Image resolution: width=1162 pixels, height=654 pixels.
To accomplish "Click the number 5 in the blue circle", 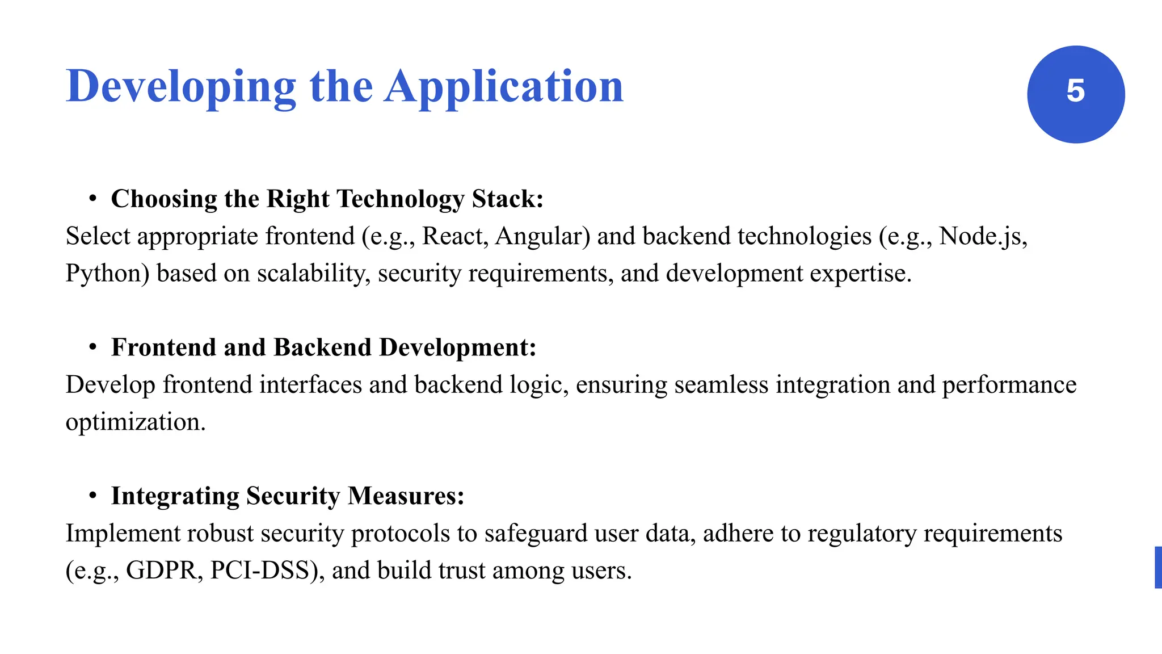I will (1075, 91).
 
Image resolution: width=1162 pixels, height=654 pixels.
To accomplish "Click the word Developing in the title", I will (181, 87).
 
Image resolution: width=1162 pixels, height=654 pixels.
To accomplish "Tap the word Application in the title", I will (504, 87).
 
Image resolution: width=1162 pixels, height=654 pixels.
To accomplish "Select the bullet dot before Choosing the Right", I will (93, 199).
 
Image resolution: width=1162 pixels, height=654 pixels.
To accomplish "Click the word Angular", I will (542, 236).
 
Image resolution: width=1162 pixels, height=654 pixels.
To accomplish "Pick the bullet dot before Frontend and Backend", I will (93, 347).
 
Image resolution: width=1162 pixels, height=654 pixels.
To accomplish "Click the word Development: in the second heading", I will (458, 347).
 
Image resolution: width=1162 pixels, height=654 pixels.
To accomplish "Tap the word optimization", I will (135, 422).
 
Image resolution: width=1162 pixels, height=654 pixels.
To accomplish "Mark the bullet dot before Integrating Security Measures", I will (93, 496).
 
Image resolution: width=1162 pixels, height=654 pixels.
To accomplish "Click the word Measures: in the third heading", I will (406, 496).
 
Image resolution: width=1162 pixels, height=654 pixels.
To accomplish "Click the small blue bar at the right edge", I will (1158, 567).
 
